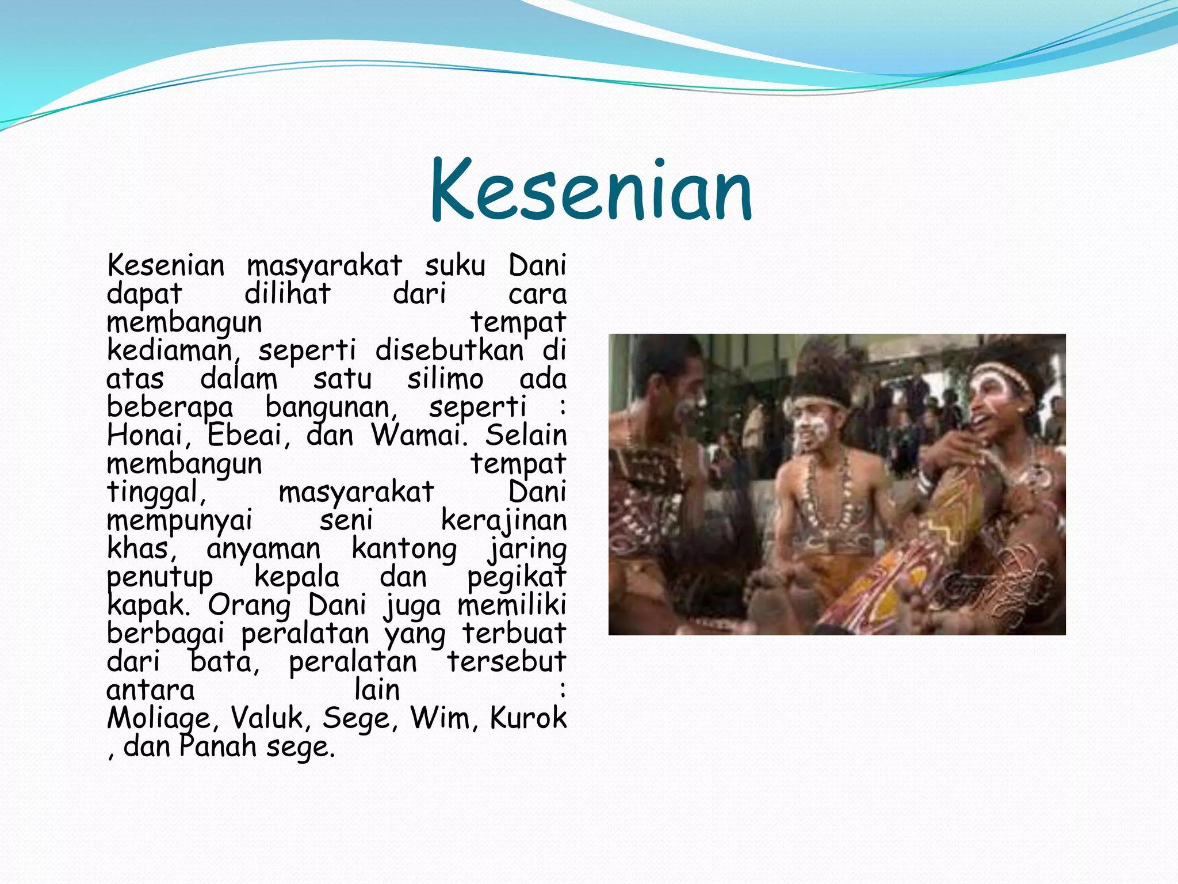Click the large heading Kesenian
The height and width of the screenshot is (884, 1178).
591,190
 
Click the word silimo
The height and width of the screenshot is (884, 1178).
445,379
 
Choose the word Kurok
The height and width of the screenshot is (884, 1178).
528,717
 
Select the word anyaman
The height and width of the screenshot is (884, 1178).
263,548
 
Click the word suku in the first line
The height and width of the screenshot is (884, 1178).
455,266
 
